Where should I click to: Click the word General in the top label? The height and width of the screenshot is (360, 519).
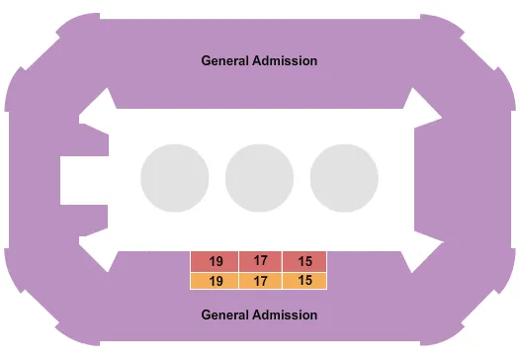tap(225, 60)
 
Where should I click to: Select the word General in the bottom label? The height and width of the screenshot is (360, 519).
tap(225, 315)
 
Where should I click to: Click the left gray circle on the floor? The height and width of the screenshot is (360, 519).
tap(175, 179)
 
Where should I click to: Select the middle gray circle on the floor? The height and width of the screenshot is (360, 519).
tap(260, 179)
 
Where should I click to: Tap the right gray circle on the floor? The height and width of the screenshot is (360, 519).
tap(344, 179)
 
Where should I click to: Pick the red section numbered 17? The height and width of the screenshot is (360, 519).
tap(261, 261)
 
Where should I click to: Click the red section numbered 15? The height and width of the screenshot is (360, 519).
tap(304, 261)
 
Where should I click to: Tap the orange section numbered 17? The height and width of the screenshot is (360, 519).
tap(261, 280)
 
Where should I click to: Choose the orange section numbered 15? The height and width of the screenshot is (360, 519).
tap(304, 280)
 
